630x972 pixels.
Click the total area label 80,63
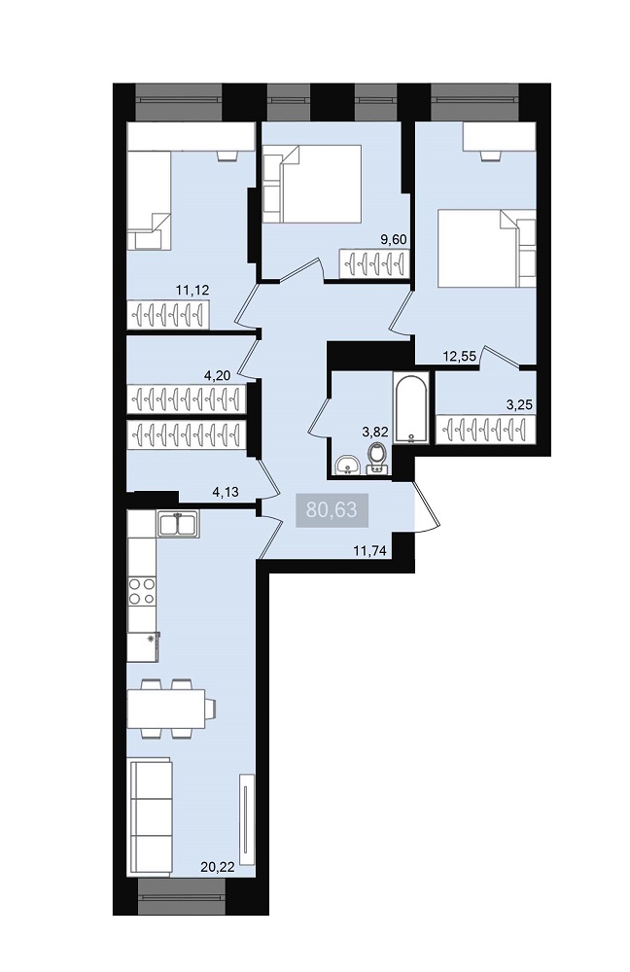332,509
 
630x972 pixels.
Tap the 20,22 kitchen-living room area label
218,867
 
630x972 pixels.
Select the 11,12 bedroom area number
192,289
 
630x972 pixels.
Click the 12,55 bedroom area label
459,356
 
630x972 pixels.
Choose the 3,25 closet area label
519,405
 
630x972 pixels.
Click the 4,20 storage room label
217,375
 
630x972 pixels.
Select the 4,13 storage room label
226,493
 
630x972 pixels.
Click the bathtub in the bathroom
410,408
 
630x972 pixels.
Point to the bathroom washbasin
348,465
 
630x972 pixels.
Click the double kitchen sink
178,523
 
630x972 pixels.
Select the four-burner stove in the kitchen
141,591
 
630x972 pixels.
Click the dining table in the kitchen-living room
166,709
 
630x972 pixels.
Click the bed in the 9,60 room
312,184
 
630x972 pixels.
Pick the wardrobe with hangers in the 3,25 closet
485,430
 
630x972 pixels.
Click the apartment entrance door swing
426,507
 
